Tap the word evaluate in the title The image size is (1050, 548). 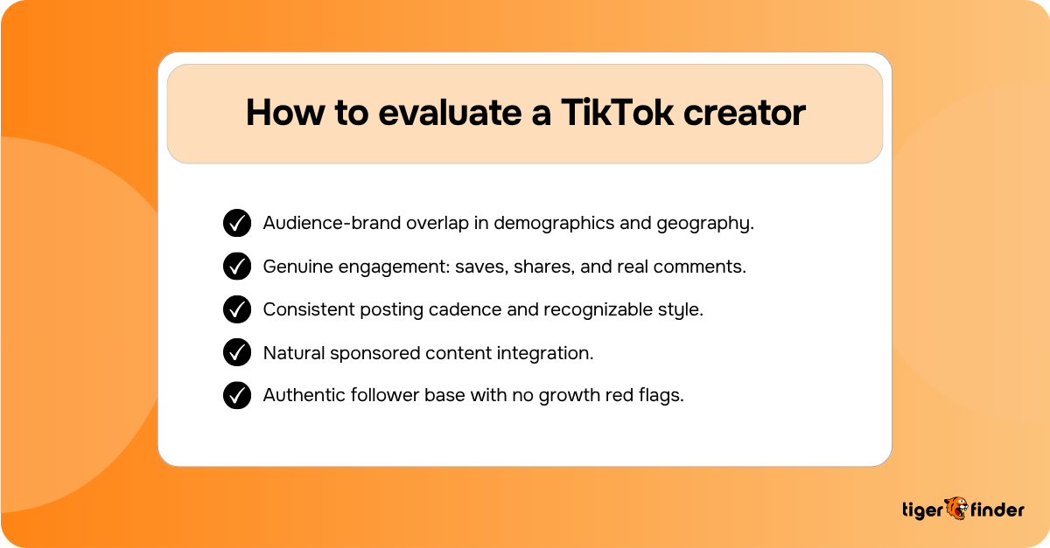point(423,114)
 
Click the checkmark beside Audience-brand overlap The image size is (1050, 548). point(237,223)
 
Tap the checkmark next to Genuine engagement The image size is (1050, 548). point(237,266)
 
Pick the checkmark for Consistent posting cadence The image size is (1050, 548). point(237,309)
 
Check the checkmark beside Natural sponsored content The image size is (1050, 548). point(237,352)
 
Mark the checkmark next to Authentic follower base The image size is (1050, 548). point(237,395)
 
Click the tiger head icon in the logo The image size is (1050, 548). point(955,509)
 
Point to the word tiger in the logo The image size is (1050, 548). point(921,510)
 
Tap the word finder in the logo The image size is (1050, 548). point(997,510)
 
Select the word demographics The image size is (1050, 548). point(551,224)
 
